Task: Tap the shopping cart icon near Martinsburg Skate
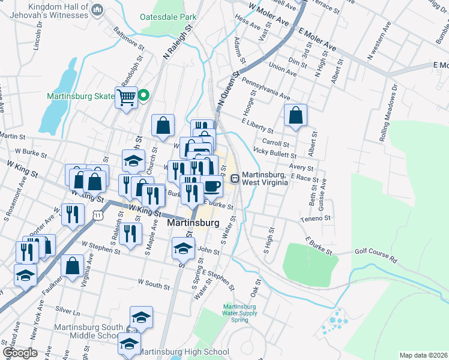pyautogui.click(x=127, y=97)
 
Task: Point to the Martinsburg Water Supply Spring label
pyautogui.click(x=240, y=313)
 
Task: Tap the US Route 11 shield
pyautogui.click(x=98, y=214)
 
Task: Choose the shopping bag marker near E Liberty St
pyautogui.click(x=295, y=116)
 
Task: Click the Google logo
pyautogui.click(x=19, y=353)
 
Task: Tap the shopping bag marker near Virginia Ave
pyautogui.click(x=72, y=266)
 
